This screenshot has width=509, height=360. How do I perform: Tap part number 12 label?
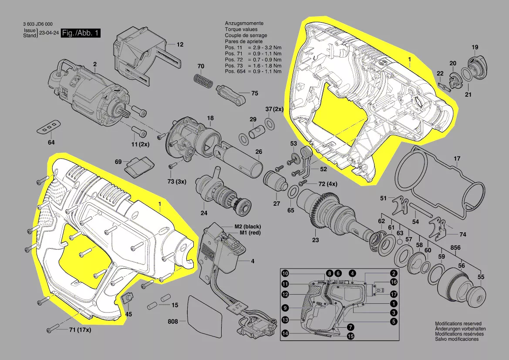[x=180, y=44]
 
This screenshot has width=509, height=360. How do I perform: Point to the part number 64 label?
[x=51, y=143]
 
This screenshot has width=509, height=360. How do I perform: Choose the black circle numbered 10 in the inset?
[x=285, y=274]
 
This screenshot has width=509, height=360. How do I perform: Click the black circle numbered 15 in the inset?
[x=351, y=336]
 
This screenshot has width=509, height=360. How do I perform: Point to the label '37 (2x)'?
[x=274, y=109]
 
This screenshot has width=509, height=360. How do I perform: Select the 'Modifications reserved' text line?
[x=460, y=324]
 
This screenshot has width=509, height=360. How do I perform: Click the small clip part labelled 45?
[x=128, y=299]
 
